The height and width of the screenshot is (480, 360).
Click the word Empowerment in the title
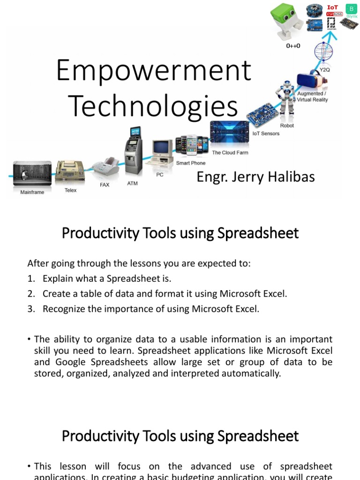[x=153, y=71]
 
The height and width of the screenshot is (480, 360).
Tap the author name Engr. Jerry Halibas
[x=255, y=177]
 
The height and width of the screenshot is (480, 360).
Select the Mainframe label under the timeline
[x=32, y=192]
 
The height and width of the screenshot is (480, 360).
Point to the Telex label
[x=70, y=190]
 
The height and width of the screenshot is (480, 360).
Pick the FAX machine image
[x=105, y=167]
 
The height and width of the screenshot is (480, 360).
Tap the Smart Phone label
[x=190, y=163]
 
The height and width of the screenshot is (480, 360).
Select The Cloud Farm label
[x=230, y=153]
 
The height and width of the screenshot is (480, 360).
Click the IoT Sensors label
[x=266, y=134]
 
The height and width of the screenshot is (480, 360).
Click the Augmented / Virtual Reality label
[x=313, y=97]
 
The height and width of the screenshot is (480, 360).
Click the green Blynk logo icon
[x=351, y=9]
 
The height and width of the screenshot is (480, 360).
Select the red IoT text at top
[x=332, y=7]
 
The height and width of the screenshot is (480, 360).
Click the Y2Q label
[x=324, y=69]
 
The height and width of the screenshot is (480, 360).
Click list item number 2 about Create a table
[x=164, y=294]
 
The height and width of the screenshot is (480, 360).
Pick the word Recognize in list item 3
[x=63, y=309]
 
